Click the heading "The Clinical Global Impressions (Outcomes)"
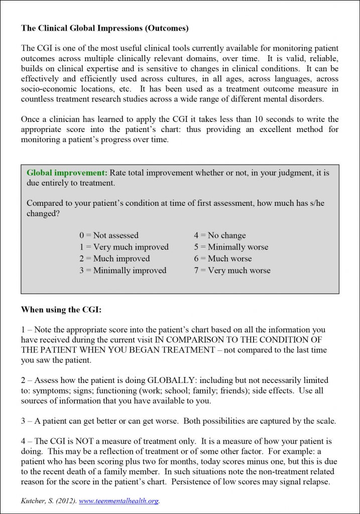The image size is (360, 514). [x=104, y=28]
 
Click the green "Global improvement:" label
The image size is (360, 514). [x=67, y=173]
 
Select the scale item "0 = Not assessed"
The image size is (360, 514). [x=108, y=235]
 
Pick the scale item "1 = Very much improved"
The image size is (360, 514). [x=124, y=247]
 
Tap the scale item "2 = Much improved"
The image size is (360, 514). [x=114, y=259]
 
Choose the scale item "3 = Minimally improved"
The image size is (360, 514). [x=123, y=271]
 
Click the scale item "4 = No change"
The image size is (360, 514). [x=220, y=235]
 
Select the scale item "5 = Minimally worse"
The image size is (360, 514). [x=231, y=247]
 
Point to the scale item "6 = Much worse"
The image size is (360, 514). [x=223, y=259]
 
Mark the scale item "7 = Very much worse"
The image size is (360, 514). [x=232, y=271]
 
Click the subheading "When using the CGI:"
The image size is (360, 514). [x=61, y=310]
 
